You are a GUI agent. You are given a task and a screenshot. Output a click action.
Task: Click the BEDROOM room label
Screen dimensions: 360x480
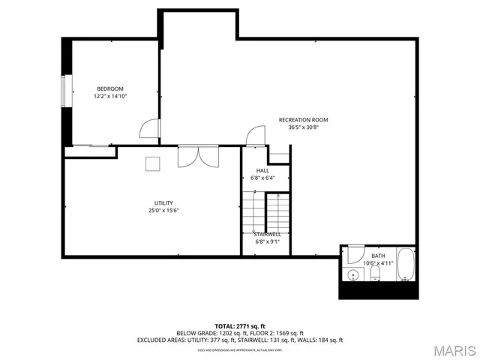[109, 89]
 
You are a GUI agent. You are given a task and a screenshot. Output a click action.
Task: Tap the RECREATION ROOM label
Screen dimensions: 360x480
[303, 120]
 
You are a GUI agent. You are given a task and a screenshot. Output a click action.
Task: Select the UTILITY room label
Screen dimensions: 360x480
[163, 203]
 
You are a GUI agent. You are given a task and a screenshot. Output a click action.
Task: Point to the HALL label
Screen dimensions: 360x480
[262, 170]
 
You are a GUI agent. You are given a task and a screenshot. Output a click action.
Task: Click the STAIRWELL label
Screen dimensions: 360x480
[268, 234]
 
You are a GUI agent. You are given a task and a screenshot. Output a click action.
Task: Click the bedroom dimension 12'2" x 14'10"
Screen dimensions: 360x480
[109, 97]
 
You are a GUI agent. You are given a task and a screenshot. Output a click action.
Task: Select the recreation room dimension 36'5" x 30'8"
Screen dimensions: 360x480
[303, 127]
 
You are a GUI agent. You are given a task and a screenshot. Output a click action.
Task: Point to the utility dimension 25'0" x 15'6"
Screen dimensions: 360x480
[163, 211]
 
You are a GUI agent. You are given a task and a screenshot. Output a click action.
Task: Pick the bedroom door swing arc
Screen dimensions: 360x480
[150, 130]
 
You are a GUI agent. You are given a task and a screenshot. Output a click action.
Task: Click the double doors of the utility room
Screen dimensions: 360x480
[197, 156]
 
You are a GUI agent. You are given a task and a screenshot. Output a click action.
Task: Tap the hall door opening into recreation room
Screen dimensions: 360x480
[256, 136]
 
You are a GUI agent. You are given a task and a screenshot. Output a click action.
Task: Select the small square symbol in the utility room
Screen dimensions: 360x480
[153, 162]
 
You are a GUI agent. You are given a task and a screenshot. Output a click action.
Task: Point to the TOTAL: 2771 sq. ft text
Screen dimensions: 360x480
[239, 325]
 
